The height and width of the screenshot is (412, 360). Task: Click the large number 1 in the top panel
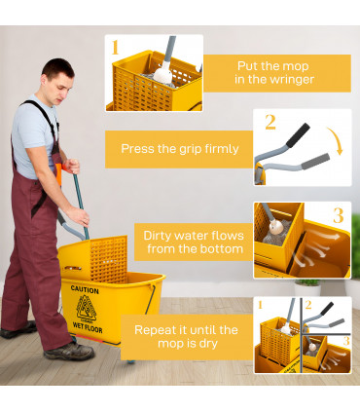[115, 48]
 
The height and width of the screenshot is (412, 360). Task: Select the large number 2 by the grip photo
[270, 123]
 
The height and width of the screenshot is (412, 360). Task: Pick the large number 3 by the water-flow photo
[338, 215]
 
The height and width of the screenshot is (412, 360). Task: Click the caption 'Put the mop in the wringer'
[275, 72]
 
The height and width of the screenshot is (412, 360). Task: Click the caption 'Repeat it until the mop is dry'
[186, 336]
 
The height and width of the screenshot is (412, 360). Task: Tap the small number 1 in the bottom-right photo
[260, 306]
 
